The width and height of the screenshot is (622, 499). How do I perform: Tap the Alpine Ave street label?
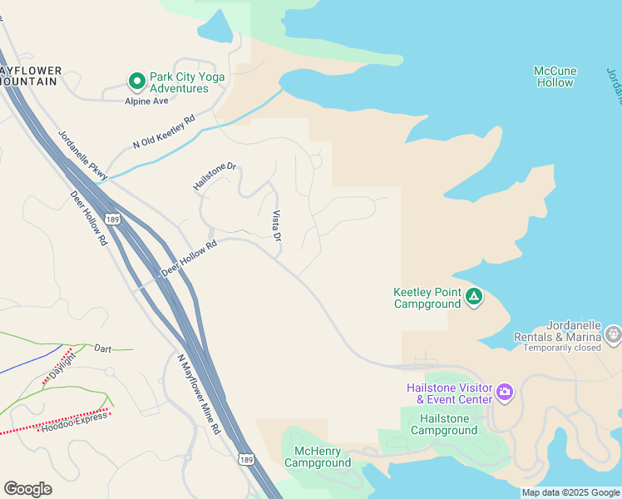point(146,101)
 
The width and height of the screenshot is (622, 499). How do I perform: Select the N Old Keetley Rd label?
point(163,131)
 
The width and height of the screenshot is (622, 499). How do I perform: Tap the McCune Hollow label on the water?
point(555,77)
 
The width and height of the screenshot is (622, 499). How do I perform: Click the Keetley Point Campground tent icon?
point(474,297)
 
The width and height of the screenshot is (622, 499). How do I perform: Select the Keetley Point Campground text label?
point(427,298)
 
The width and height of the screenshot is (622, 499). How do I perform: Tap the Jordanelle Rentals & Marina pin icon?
point(614,334)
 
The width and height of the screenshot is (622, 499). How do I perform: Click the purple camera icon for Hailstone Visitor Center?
point(504,392)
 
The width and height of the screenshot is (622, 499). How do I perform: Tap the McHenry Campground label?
point(318,457)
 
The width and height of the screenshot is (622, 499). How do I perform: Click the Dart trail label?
point(102,348)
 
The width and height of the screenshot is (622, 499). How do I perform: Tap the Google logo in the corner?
point(27,489)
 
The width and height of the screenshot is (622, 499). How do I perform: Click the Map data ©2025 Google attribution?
point(570,492)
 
